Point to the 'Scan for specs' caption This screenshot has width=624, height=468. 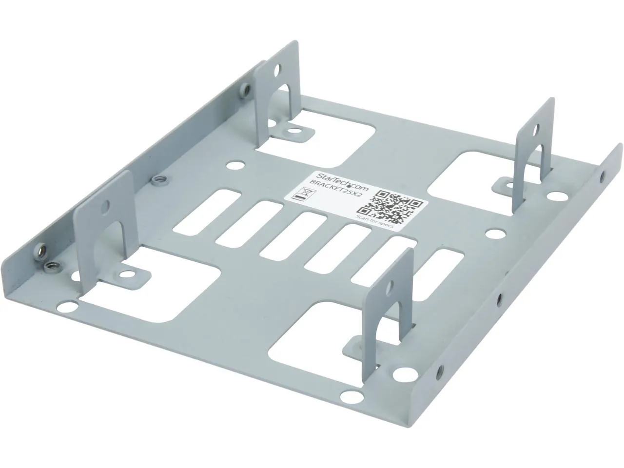tap(377, 221)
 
